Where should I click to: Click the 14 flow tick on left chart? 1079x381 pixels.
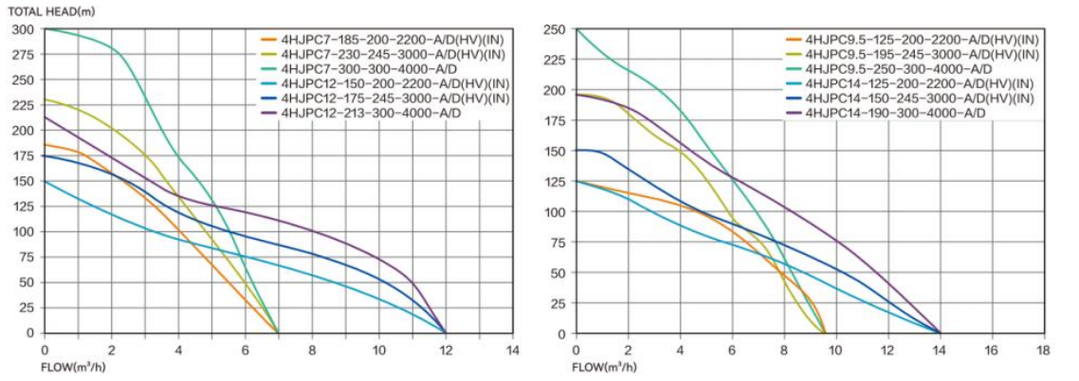[x=512, y=349]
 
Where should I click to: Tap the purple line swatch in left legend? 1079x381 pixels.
[x=269, y=113]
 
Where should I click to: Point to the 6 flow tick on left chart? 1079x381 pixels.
[x=245, y=349]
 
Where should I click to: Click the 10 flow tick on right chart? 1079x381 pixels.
[x=835, y=349]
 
